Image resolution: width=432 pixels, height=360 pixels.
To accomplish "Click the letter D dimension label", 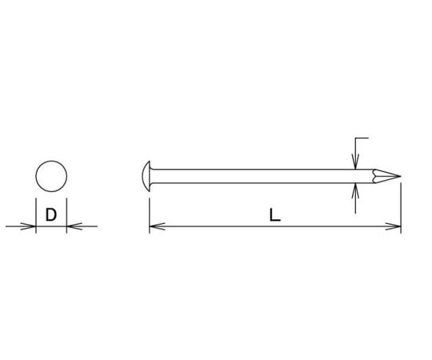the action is point(51,214).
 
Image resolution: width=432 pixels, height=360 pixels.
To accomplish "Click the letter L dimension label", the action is point(274,215).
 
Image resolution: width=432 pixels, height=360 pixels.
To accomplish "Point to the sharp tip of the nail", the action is point(400,176).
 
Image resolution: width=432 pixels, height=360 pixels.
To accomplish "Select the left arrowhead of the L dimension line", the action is point(157,226).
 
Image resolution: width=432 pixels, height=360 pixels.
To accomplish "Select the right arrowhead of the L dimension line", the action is point(393,226).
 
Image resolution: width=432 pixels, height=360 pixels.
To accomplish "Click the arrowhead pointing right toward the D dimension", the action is point(28,226).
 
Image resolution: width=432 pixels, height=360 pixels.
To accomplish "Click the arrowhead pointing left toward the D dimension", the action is point(74,226).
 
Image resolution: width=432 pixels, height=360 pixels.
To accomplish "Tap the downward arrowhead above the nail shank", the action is point(356,162).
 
